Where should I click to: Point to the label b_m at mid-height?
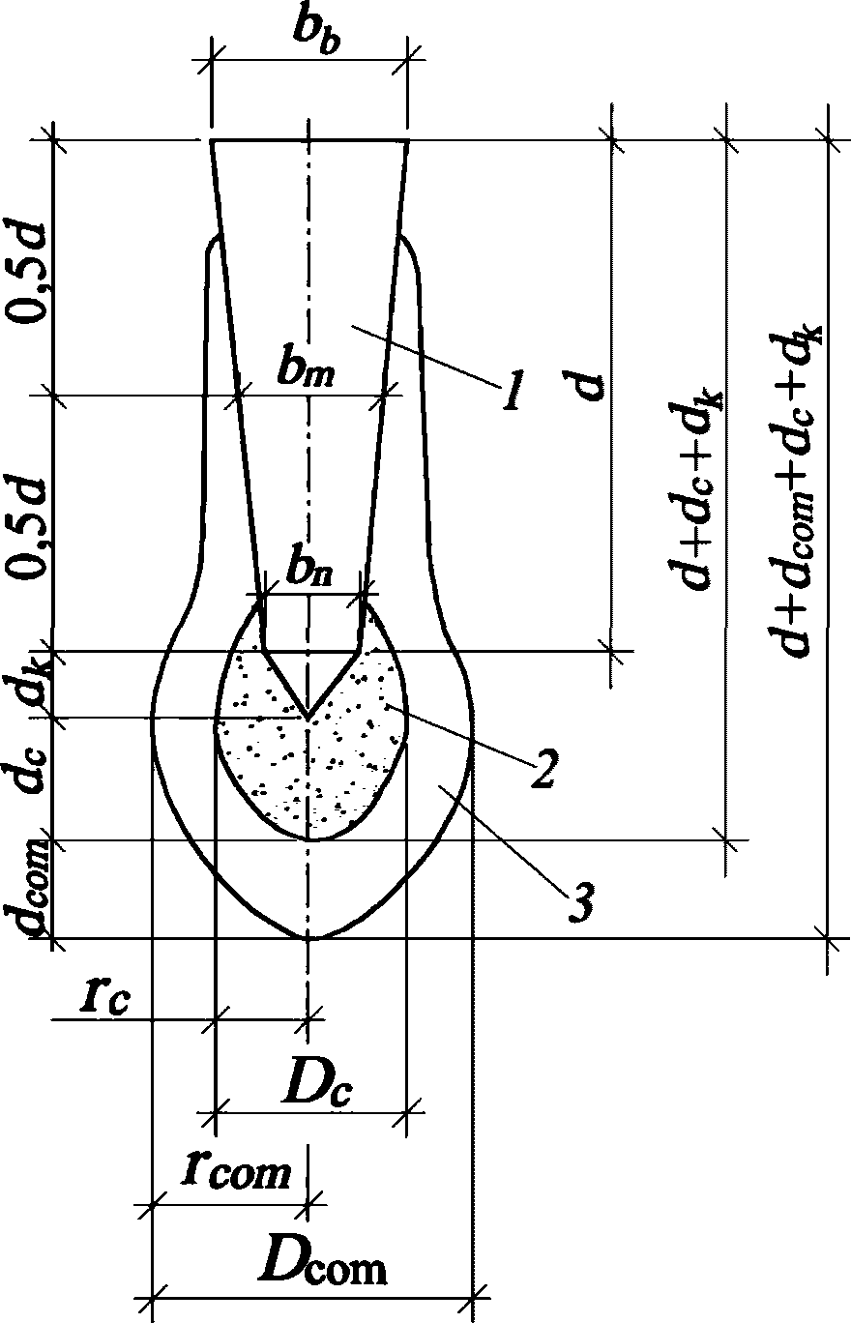coord(308,372)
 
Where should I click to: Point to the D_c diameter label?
coord(315,1089)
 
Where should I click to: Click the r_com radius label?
coord(235,1172)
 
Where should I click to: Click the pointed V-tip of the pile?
coord(308,718)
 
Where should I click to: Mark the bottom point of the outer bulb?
coord(309,937)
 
